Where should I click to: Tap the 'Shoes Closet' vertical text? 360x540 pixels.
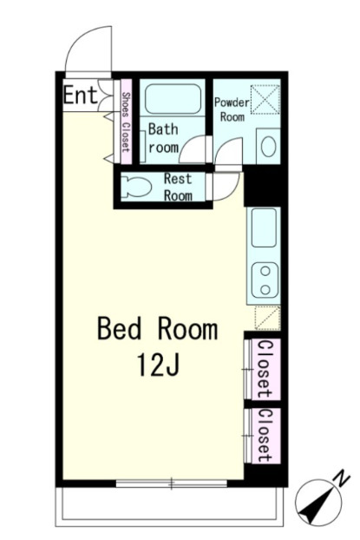click(127, 122)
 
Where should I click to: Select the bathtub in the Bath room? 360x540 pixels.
click(173, 99)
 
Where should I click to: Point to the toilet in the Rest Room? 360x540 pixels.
click(137, 187)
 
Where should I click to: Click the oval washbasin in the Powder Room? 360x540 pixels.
click(268, 147)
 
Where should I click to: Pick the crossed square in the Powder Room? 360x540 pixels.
click(265, 99)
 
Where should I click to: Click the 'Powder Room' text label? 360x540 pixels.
click(232, 109)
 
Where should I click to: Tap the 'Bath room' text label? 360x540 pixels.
click(163, 138)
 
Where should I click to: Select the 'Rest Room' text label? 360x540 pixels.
click(178, 187)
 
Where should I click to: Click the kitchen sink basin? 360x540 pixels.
click(264, 228)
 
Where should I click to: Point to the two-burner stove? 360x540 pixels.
click(265, 280)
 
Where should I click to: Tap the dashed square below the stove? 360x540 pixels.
click(268, 319)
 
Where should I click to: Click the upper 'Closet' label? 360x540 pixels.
click(265, 369)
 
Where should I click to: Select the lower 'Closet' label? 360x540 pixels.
click(265, 435)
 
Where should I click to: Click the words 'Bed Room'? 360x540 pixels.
click(158, 330)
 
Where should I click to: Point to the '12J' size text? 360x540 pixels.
click(159, 365)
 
